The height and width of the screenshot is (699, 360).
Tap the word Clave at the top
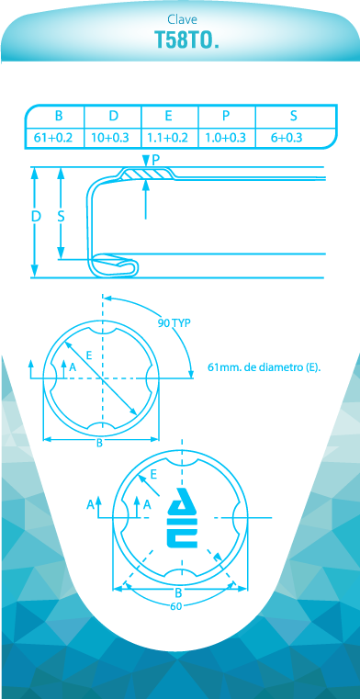[182, 19]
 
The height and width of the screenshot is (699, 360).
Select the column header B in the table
[59, 116]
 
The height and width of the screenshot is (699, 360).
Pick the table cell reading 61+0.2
[53, 138]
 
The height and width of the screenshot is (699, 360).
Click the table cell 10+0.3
[109, 138]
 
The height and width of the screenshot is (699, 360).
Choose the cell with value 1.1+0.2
[168, 138]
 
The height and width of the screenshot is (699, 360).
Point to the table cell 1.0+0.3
[225, 138]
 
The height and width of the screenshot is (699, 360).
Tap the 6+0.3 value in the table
[287, 138]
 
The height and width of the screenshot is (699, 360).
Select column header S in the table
[294, 116]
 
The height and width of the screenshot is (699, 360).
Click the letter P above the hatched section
[155, 160]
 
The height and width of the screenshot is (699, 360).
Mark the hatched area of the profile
[147, 174]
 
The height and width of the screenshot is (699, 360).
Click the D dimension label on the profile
[36, 216]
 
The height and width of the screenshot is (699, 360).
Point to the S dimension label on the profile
[62, 216]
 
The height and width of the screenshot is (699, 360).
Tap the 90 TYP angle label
[174, 323]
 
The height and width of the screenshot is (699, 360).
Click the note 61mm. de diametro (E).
[264, 367]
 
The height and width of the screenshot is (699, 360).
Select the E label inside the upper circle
[89, 355]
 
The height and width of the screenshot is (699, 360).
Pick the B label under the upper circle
[100, 443]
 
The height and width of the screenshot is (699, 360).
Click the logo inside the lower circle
[183, 517]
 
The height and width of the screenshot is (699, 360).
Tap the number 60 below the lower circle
[176, 606]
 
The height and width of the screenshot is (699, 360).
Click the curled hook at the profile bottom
[115, 265]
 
